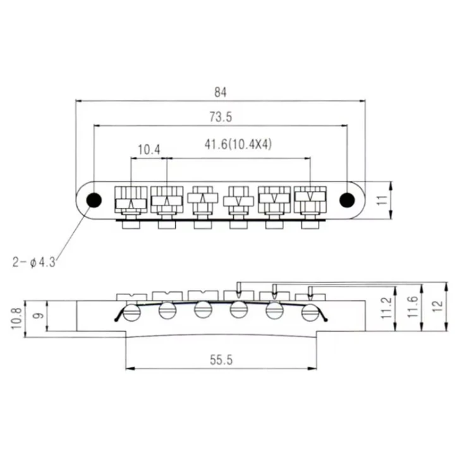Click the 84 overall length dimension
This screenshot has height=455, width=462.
(220, 92)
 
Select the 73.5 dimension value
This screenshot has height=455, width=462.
(220, 118)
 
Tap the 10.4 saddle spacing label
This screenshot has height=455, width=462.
(149, 150)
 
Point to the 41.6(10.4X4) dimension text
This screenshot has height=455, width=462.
(238, 144)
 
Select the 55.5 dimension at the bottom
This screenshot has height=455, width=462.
(221, 360)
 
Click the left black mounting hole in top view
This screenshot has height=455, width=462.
(94, 200)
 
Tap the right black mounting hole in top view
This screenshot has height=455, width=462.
(346, 200)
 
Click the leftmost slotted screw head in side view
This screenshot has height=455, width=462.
(131, 313)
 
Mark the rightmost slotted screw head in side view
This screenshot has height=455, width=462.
(310, 312)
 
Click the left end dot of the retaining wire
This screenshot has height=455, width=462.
(117, 320)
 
